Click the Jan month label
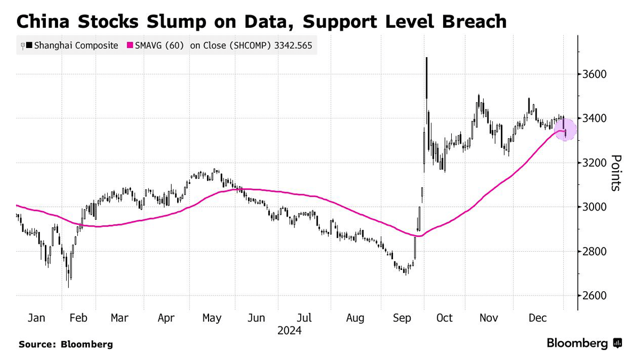[36, 318]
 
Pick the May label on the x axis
[212, 318]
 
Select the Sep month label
[402, 318]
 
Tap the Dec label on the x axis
[538, 318]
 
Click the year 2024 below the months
[289, 331]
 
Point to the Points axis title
[616, 173]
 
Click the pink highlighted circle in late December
[565, 130]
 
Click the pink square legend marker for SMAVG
[129, 46]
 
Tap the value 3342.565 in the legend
[293, 46]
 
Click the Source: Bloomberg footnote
[66, 345]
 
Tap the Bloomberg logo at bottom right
[585, 343]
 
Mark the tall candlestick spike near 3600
[427, 77]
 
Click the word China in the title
[44, 22]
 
